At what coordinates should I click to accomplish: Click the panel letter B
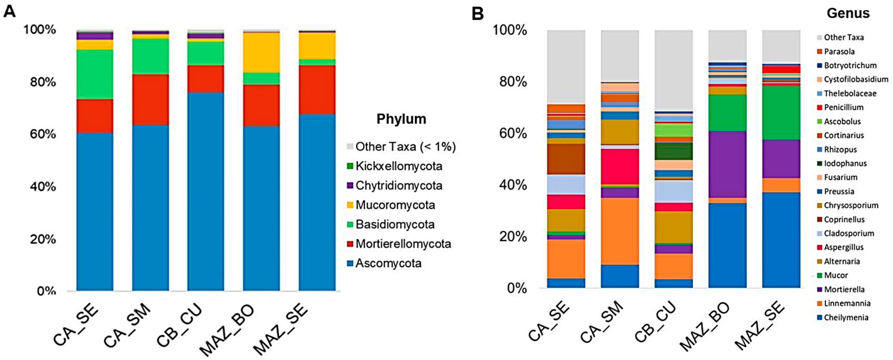tap(478, 14)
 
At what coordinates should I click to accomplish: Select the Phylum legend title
tap(401, 119)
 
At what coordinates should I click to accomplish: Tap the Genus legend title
tap(848, 13)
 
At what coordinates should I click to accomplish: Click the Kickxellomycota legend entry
tap(399, 166)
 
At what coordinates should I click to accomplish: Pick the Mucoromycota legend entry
tap(395, 205)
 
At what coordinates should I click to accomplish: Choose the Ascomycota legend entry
tap(388, 263)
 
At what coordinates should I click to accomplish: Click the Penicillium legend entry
tap(843, 108)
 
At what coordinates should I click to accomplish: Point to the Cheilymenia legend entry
tap(846, 317)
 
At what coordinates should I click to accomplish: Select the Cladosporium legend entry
tap(849, 233)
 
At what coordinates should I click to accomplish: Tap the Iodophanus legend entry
tap(845, 163)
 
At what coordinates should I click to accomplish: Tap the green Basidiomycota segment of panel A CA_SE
tap(95, 74)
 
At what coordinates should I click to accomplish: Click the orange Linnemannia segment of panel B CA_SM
tap(620, 231)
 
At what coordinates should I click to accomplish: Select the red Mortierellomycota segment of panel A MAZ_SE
tap(317, 89)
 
